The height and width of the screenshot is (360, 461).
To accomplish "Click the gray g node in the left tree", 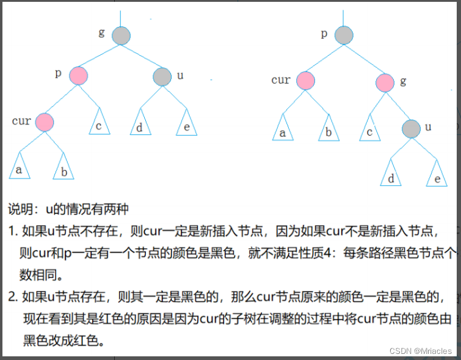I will tap(121, 35).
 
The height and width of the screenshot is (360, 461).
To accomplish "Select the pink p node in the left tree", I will tap(78, 76).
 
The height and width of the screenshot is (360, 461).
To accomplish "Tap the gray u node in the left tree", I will tap(162, 76).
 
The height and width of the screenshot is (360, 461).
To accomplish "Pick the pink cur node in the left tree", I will tap(44, 122).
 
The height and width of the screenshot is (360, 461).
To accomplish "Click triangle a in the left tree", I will tap(20, 168).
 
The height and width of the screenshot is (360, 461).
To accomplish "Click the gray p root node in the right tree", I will tap(344, 35).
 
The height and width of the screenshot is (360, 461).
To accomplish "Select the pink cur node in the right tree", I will tap(305, 81).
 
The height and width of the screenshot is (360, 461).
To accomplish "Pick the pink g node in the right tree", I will tap(384, 82).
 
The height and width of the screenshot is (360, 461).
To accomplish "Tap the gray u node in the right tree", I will tap(411, 128).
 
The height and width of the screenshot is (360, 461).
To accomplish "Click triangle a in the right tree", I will tap(282, 130).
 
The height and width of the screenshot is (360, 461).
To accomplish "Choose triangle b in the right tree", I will tap(328, 130).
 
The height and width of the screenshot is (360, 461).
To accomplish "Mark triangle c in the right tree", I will tap(369, 130).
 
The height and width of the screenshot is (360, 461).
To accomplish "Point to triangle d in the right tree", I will tap(391, 175).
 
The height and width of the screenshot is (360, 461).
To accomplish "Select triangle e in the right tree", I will tap(436, 175).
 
